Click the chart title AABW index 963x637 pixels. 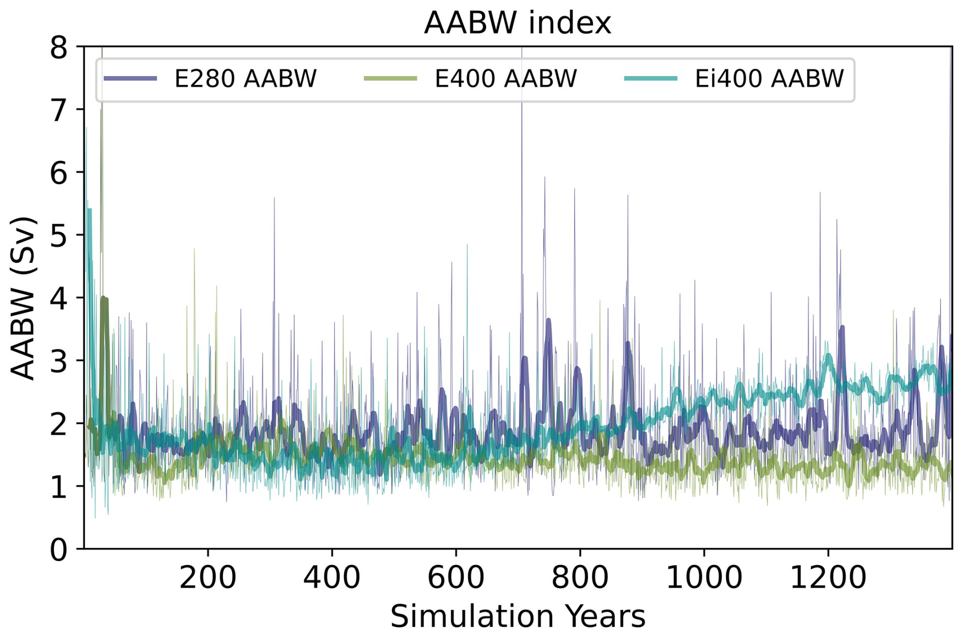517,23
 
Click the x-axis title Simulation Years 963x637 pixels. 517,616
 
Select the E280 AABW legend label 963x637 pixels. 245,79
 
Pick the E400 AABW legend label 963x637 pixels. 505,79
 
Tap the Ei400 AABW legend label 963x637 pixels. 769,79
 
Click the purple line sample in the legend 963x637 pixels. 130,78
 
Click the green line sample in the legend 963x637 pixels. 390,78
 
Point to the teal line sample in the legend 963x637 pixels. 650,78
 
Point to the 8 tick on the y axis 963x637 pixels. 59,48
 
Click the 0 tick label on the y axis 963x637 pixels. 59,550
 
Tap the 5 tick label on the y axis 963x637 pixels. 59,236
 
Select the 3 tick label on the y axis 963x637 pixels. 59,362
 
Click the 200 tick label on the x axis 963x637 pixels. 208,578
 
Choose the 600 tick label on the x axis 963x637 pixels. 456,578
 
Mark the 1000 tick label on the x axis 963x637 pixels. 703,578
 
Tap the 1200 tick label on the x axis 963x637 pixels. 828,578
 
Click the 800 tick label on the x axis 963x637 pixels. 580,578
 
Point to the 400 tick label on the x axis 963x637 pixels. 332,578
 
